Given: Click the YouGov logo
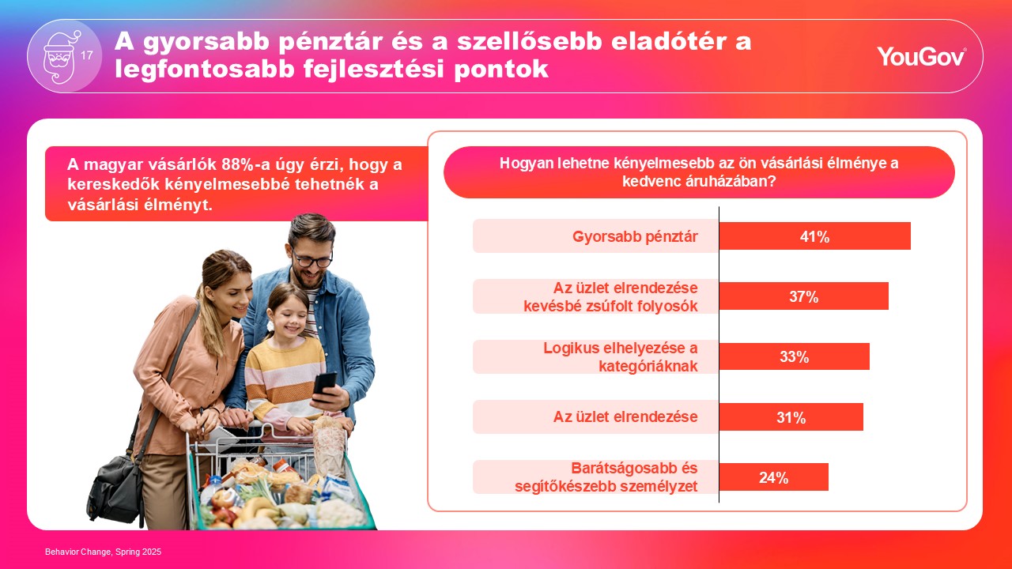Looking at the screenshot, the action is pyautogui.click(x=922, y=56).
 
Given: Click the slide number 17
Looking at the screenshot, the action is pyautogui.click(x=87, y=55).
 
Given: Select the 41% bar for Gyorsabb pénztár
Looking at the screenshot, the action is pyautogui.click(x=814, y=236).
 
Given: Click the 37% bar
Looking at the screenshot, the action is pyautogui.click(x=804, y=296).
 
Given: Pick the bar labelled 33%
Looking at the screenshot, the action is pyautogui.click(x=795, y=356).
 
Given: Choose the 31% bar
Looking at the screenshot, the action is pyautogui.click(x=791, y=416).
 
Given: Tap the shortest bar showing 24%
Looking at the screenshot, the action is pyautogui.click(x=774, y=477).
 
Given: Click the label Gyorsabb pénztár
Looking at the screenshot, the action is pyautogui.click(x=635, y=236).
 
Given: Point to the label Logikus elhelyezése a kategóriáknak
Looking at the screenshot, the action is pyautogui.click(x=621, y=356).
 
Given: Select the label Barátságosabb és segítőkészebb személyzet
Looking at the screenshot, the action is pyautogui.click(x=606, y=477).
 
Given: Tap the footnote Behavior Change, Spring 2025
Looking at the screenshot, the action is pyautogui.click(x=103, y=552).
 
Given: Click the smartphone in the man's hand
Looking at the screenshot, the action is pyautogui.click(x=325, y=387).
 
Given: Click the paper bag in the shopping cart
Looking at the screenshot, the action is pyautogui.click(x=330, y=444).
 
